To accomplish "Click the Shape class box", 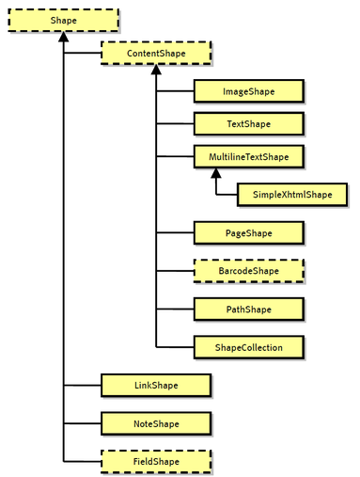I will (64, 21).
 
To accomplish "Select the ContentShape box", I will (156, 54).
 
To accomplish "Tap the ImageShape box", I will (248, 91).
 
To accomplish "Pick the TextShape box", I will (248, 123).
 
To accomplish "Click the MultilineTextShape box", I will (248, 155).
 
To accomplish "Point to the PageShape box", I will (248, 231).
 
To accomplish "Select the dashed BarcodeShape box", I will (248, 271).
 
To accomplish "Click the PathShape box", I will (248, 309).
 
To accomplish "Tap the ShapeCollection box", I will (248, 347).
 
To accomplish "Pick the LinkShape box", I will (156, 385).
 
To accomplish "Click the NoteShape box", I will (156, 423).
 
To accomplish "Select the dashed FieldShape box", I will (156, 462).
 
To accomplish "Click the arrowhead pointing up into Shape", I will (64, 39).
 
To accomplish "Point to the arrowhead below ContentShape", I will (156, 72).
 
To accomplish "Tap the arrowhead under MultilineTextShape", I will (215, 173).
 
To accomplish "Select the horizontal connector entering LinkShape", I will (82, 385).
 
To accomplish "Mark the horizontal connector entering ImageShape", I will (175, 91).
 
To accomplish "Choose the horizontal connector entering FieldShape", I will (82, 462).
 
